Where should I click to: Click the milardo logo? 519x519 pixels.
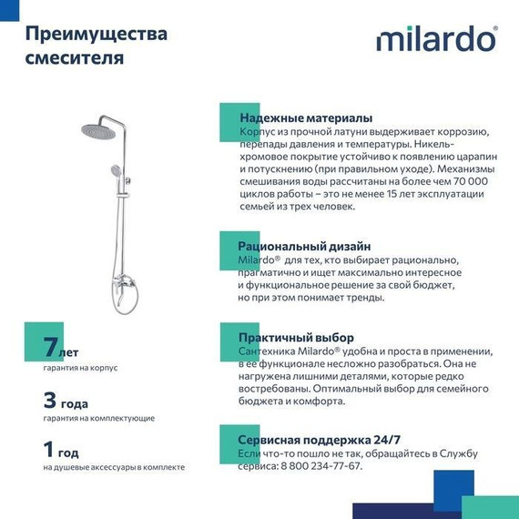[436, 41]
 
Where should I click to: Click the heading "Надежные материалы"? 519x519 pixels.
[305, 118]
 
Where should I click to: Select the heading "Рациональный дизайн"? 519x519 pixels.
[304, 246]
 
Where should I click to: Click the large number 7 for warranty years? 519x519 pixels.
[50, 347]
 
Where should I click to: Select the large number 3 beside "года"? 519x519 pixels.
[50, 400]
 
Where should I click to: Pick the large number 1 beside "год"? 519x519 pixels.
[49, 450]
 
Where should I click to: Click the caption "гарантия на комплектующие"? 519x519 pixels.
[98, 418]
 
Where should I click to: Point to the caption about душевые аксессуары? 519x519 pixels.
[113, 467]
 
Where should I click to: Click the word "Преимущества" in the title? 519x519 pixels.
[96, 35]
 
